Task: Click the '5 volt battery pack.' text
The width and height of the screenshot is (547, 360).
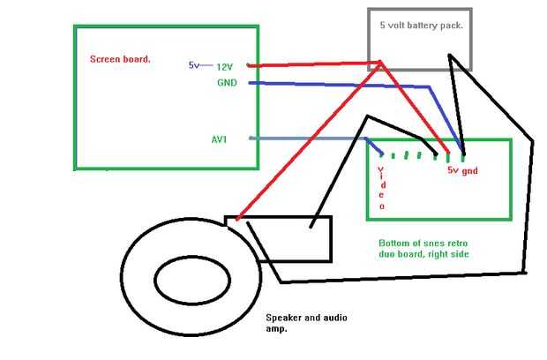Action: point(421,26)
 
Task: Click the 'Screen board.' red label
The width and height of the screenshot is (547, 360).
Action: point(120,60)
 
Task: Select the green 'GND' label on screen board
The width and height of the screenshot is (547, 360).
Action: point(227,82)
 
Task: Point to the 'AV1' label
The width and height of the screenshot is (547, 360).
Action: point(219,139)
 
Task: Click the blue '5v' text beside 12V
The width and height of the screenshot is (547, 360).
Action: point(193,65)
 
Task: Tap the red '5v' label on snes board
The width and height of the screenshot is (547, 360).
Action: point(453,171)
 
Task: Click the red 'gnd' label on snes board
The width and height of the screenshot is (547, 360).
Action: point(469,171)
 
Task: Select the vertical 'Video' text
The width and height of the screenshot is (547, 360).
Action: point(381,186)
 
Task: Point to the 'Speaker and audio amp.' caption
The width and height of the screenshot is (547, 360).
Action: point(303,323)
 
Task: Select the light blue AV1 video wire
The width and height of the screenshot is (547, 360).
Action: point(309,139)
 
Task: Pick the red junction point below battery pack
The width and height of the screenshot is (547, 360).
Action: point(380,63)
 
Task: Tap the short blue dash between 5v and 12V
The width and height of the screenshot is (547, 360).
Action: point(208,65)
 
